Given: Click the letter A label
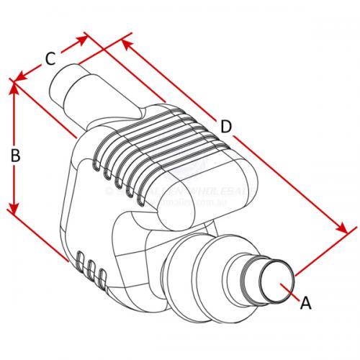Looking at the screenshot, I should click(305, 303).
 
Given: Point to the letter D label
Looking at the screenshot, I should click(226, 127).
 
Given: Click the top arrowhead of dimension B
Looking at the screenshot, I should click(12, 88).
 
